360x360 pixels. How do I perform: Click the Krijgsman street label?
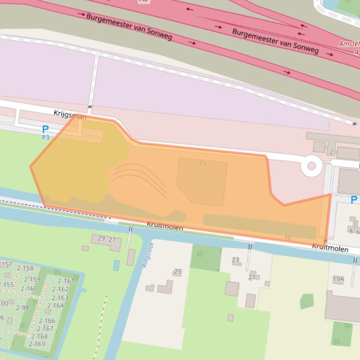tap(70, 115)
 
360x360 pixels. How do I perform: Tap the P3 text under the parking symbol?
tap(45, 137)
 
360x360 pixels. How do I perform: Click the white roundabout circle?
tap(311, 166)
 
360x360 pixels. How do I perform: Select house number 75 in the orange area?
tap(202, 164)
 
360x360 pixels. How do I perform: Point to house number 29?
tap(101, 238)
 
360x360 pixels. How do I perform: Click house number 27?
tap(112, 240)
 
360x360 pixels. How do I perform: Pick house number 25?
tap(177, 271)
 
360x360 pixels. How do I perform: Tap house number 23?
tap(235, 260)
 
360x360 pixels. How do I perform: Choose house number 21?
tap(252, 277)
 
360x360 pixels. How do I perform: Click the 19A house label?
tap(338, 279)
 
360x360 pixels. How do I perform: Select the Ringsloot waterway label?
tap(147, 254)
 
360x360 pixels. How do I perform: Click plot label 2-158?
tap(25, 268)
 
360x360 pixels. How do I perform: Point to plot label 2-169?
tap(37, 344)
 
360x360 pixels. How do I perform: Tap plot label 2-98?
tap(22, 307)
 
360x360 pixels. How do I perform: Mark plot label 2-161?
tap(66, 281)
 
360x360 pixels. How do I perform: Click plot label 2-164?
tap(55, 305)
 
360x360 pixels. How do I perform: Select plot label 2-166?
tap(47, 321)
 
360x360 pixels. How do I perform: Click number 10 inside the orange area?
tap(287, 238)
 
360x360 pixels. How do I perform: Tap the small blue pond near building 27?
tap(116, 266)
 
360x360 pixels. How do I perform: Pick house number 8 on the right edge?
tap(351, 231)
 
